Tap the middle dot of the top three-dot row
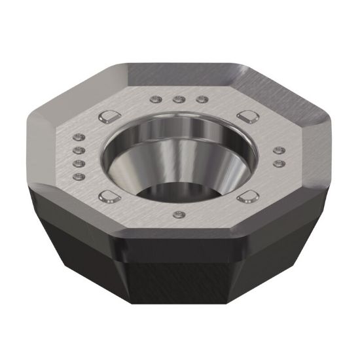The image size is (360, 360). click(177, 100)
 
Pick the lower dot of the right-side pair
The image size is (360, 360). click(279, 162)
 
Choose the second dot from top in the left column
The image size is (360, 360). click(79, 149)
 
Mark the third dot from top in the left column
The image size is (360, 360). click(79, 162)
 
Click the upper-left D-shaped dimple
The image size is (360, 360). click(107, 117)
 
